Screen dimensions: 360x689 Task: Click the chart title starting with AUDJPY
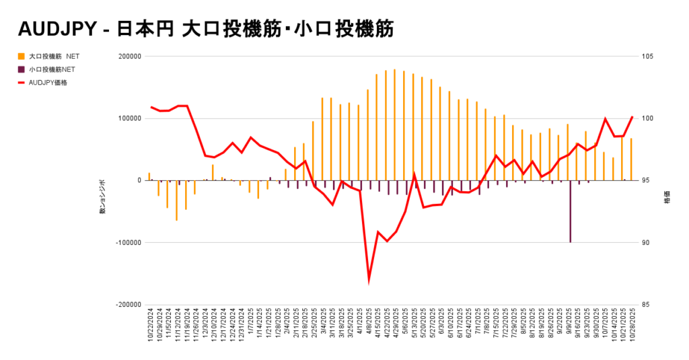pos(205,30)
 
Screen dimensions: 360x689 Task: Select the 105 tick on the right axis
pos(648,57)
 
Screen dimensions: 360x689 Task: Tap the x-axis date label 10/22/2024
pos(151,326)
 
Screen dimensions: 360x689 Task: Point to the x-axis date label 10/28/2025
pos(632,326)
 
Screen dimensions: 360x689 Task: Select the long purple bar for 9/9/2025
pos(571,211)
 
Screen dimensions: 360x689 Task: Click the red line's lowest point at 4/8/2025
pos(369,279)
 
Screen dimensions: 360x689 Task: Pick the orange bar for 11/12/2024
pos(177,200)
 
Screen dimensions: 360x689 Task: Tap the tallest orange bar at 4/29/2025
pos(395,125)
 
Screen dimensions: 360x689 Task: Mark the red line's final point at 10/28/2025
pos(632,117)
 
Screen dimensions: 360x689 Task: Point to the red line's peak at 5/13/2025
pos(414,174)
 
